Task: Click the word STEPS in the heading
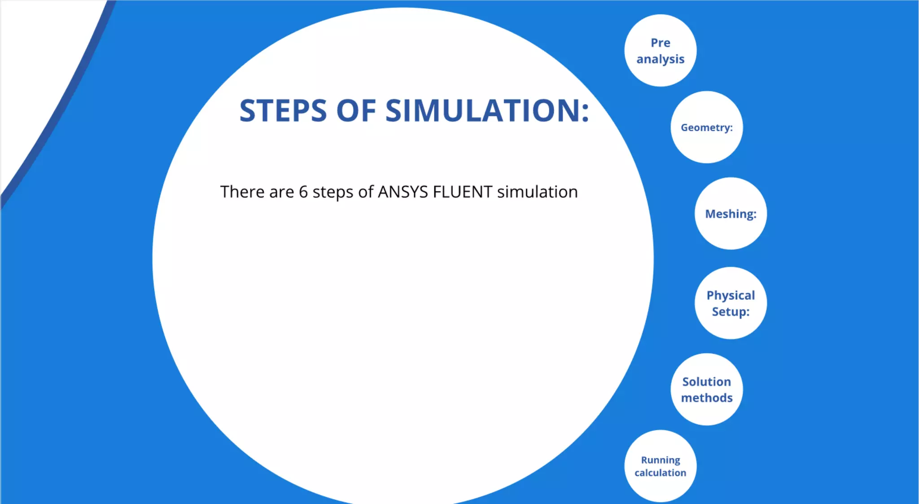[x=283, y=111]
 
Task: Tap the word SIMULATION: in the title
[x=487, y=111]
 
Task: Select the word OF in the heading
[x=356, y=111]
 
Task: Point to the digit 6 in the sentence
[x=303, y=192]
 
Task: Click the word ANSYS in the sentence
[x=403, y=192]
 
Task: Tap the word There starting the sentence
[x=242, y=192]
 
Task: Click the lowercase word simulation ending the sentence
[x=537, y=192]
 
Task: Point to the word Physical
[x=731, y=295]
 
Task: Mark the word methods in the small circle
[x=706, y=398]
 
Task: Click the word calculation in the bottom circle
[x=660, y=473]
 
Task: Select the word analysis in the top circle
[x=660, y=59]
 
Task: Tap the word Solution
[x=706, y=382]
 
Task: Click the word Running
[x=660, y=460]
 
